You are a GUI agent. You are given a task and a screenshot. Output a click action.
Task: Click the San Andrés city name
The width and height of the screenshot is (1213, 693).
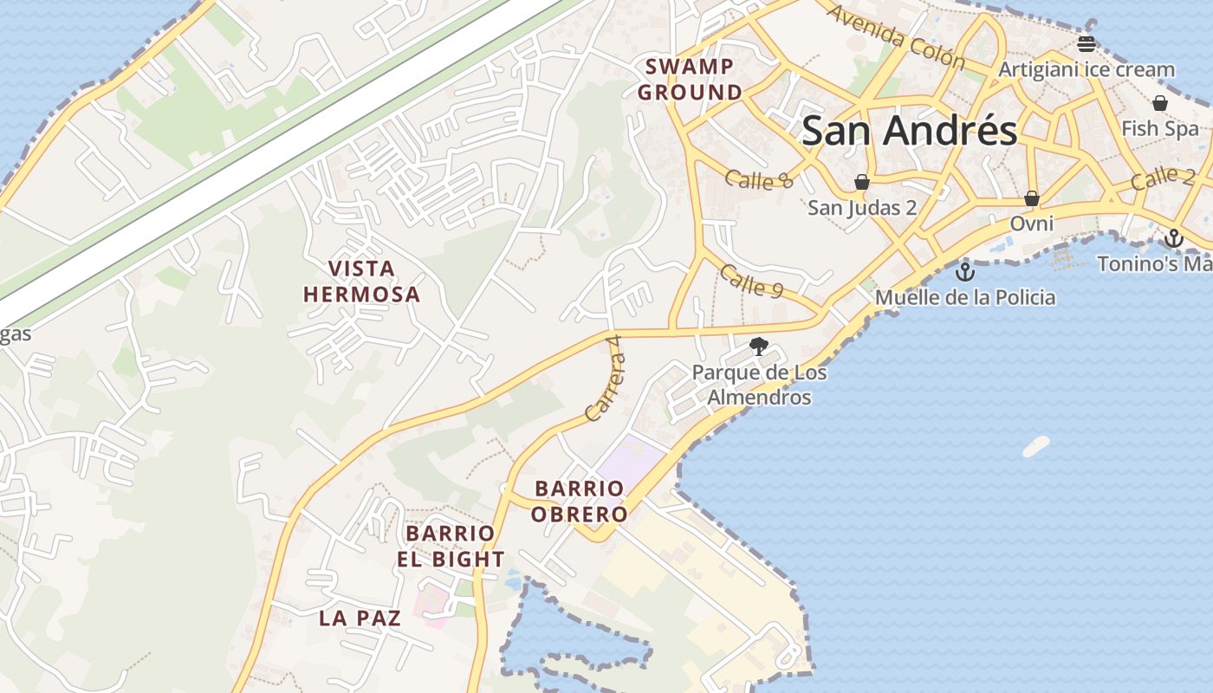[909, 131]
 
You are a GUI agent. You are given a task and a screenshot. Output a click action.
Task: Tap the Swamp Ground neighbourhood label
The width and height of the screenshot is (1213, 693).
[691, 79]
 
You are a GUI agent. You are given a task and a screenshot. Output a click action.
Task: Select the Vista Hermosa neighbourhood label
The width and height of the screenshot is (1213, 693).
[362, 282]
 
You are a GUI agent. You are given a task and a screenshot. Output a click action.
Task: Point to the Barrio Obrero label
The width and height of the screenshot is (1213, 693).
[579, 502]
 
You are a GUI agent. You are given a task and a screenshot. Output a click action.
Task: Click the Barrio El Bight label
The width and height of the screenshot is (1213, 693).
[451, 546]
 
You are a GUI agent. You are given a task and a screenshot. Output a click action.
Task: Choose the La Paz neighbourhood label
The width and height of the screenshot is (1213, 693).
[360, 618]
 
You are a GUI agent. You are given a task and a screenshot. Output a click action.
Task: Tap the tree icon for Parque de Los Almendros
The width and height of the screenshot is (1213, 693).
[759, 346]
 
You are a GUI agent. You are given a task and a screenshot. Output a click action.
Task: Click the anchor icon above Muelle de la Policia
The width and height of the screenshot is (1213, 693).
[964, 273]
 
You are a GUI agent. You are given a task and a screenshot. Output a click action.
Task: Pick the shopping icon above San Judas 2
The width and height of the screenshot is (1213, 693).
[862, 182]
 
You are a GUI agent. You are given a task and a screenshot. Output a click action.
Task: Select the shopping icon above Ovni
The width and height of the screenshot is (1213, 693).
[1032, 198]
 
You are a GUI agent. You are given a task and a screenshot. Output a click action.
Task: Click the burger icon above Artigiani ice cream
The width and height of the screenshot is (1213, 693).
[1087, 43]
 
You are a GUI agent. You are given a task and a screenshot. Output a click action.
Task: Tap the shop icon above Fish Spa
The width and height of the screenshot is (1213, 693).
[1160, 103]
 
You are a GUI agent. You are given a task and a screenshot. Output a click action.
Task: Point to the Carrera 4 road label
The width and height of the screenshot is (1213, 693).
[605, 379]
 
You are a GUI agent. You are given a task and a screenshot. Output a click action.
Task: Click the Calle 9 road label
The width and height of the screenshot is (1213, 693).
[751, 282]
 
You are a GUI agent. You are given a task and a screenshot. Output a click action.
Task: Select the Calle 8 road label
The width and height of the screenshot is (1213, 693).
[759, 179]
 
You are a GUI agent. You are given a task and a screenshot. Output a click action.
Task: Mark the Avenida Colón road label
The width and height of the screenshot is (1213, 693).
[895, 36]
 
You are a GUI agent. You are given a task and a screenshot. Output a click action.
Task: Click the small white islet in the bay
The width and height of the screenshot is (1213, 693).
[1036, 446]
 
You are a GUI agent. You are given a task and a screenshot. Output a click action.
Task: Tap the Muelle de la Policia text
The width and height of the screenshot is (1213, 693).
[965, 298]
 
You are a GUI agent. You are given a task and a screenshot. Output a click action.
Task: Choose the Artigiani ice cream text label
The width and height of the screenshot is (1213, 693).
[1087, 69]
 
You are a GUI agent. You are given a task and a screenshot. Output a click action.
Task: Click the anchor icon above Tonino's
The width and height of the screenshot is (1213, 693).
[1174, 238]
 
